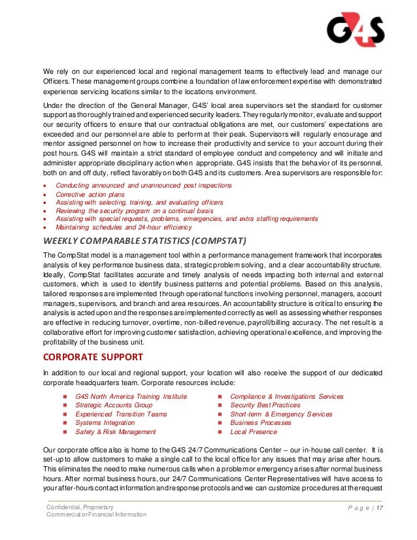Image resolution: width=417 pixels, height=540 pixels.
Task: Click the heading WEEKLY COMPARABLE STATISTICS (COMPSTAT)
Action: click(144, 241)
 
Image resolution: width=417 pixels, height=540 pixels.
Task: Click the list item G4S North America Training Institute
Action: click(131, 396)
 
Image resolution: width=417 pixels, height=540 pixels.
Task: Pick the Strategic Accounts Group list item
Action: click(114, 405)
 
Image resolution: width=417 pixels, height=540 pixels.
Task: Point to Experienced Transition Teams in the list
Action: click(121, 414)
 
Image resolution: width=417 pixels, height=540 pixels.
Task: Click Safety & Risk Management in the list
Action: click(116, 431)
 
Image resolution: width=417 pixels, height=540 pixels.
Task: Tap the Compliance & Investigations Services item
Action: click(286, 396)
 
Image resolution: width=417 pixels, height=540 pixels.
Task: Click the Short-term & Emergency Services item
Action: click(281, 414)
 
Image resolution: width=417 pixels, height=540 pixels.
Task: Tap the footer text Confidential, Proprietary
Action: click(80, 507)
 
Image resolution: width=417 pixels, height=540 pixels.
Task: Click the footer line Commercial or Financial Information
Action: click(96, 515)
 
